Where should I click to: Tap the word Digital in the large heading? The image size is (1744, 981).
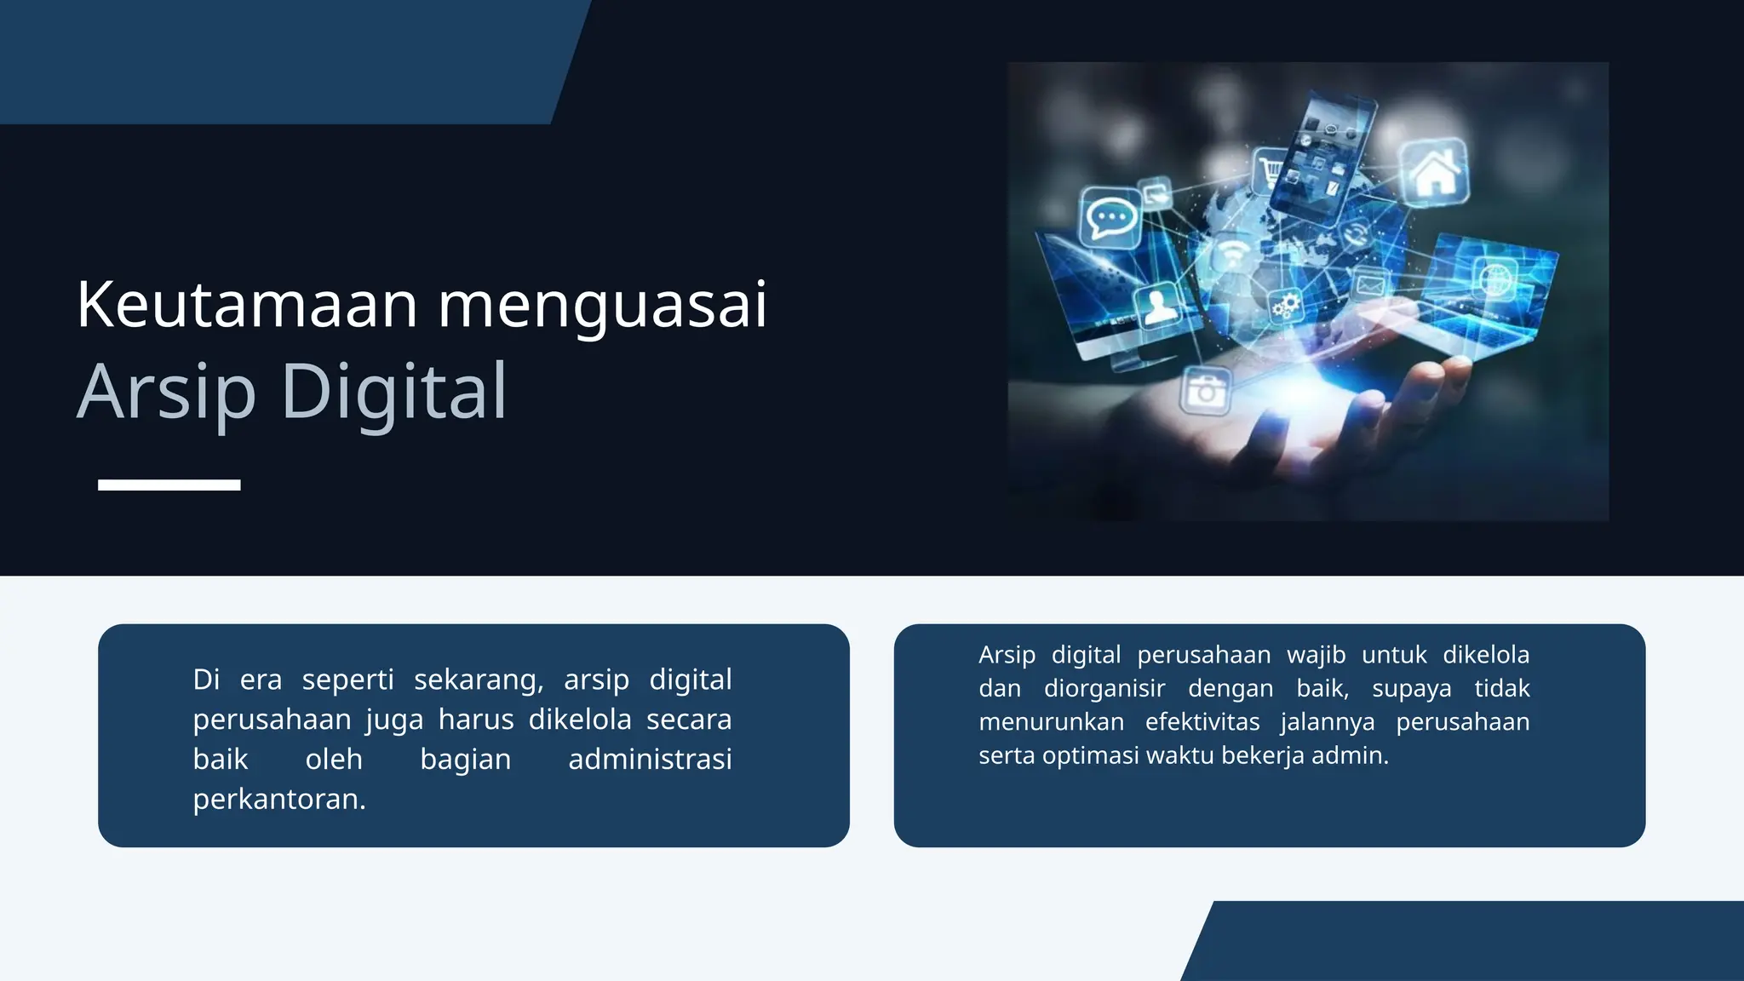click(393, 393)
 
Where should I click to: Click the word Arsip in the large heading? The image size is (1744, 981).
click(166, 393)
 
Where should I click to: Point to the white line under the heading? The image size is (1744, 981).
click(169, 485)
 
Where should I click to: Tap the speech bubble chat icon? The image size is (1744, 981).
click(1110, 217)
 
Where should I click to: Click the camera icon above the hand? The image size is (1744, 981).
click(1206, 392)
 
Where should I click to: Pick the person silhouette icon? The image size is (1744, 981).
click(1157, 307)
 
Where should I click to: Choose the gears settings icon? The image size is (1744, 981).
click(1286, 304)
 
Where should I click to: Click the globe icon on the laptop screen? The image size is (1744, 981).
click(1494, 278)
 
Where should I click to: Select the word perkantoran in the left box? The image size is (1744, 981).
click(278, 799)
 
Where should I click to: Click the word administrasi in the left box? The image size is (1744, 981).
click(650, 759)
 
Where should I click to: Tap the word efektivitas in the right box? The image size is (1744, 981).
click(1202, 722)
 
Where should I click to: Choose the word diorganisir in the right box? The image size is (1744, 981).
click(1104, 688)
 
